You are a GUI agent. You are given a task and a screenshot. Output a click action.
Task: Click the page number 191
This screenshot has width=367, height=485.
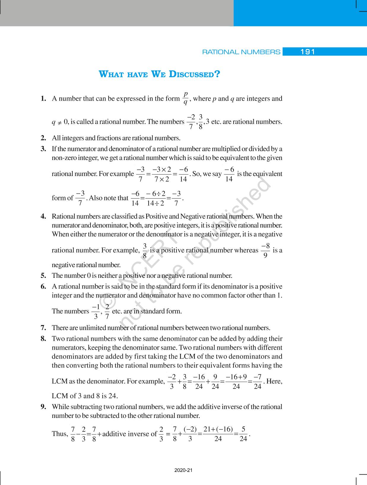[307, 52]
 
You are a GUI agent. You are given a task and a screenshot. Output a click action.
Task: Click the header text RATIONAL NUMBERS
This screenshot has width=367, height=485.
[241, 52]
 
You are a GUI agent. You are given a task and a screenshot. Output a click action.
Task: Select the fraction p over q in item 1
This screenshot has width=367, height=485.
[185, 98]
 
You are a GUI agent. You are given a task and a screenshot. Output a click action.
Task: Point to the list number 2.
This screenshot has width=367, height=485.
[43, 138]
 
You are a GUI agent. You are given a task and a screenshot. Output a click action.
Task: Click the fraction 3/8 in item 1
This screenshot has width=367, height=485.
[201, 122]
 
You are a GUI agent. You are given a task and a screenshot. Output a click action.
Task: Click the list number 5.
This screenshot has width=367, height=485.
[43, 275]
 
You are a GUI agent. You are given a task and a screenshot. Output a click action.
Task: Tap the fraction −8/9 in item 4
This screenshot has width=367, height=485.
[265, 250]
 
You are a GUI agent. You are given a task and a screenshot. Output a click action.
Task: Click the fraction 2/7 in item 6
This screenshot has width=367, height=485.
[107, 311]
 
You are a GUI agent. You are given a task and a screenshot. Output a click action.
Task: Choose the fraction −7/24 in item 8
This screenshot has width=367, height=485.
[258, 381]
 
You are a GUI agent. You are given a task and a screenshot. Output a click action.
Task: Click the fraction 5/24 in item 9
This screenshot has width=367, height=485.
[243, 434]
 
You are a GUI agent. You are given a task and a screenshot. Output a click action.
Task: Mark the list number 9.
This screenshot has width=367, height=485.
[43, 407]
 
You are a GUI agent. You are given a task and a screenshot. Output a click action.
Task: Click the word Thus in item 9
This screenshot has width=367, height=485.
[59, 434]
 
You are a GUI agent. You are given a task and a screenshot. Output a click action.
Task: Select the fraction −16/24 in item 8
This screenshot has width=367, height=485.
[199, 381]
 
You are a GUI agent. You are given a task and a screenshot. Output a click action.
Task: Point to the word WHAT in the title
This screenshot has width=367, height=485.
[111, 74]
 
